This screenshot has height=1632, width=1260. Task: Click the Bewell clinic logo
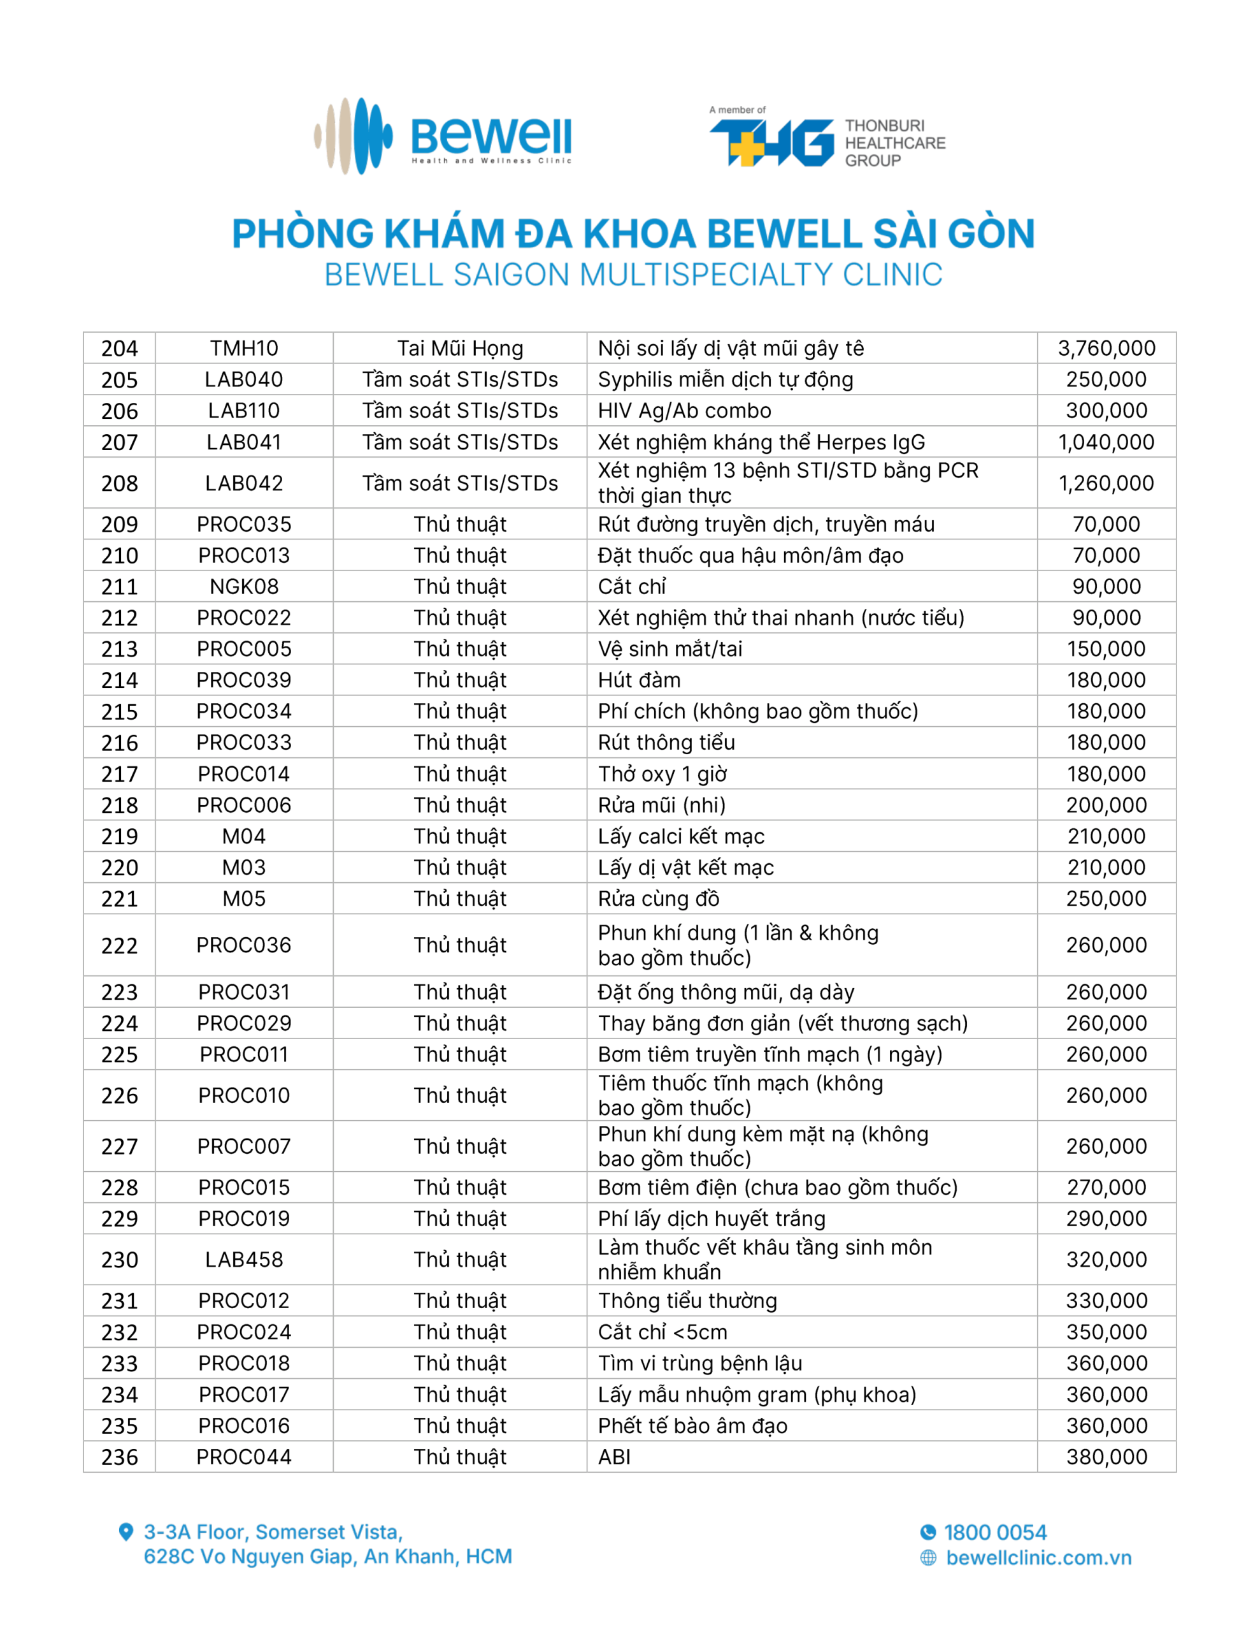point(443,137)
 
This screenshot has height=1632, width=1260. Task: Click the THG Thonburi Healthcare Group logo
point(827,139)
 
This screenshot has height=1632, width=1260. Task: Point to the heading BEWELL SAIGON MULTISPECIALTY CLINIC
point(633,275)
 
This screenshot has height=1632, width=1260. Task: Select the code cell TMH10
point(243,348)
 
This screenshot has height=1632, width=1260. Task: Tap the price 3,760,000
point(1105,348)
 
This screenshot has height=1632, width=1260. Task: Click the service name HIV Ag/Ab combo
point(684,411)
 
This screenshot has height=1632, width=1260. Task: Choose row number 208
point(120,483)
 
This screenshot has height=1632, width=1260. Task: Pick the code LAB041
point(243,442)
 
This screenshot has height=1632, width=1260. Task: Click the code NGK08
point(243,586)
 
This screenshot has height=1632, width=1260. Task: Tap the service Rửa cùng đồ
point(658,898)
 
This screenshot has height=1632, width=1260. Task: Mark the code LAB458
point(243,1260)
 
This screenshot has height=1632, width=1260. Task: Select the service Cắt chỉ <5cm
point(662,1332)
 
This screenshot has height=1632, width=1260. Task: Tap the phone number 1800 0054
point(994,1533)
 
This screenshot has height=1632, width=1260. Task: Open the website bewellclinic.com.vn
point(1038,1557)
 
